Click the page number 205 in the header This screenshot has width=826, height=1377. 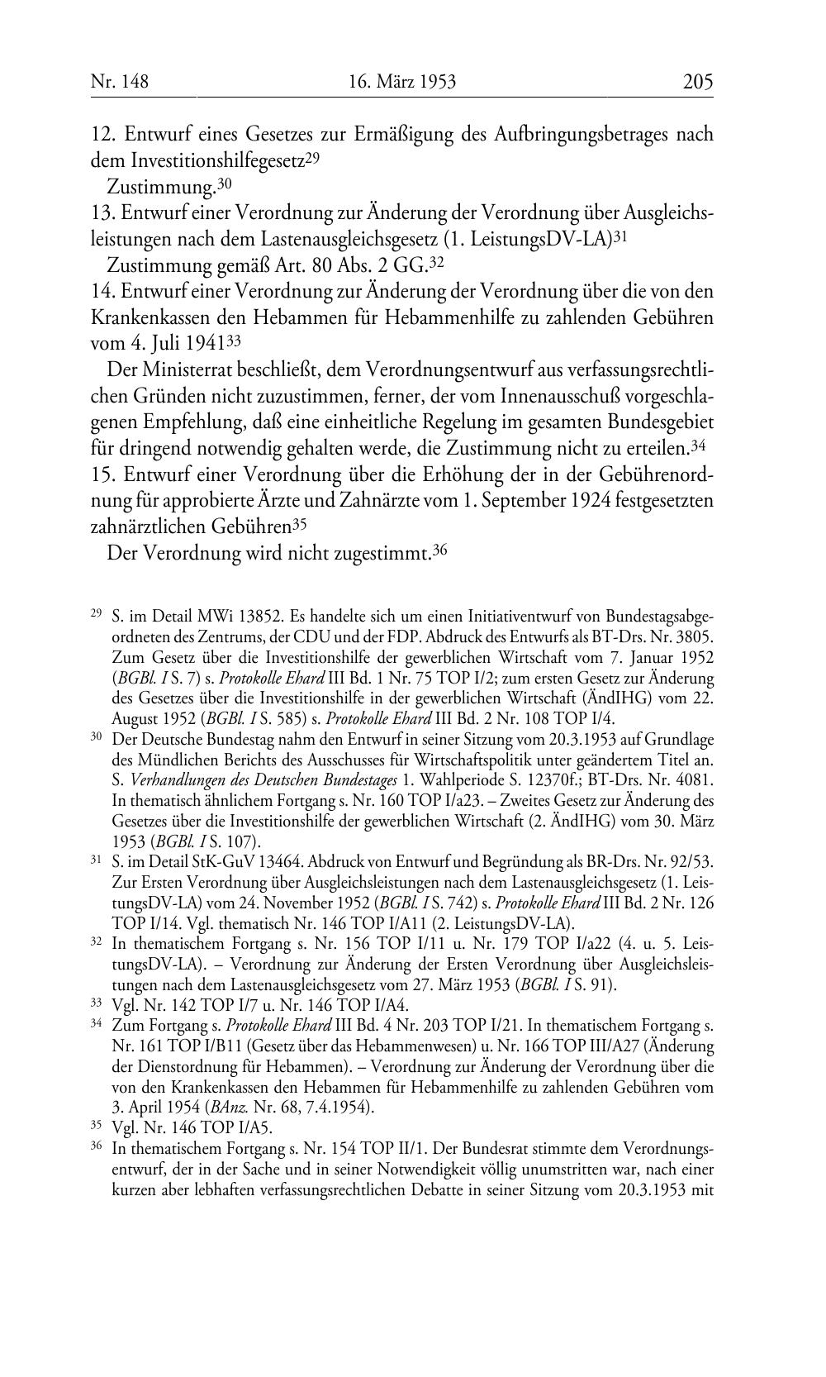pos(697,81)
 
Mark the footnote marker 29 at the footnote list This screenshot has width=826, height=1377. pos(96,615)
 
